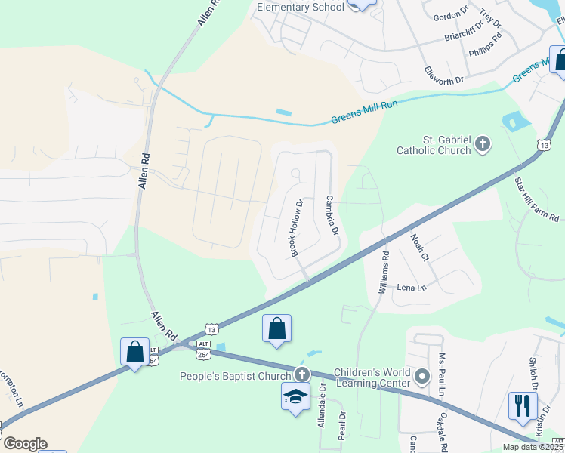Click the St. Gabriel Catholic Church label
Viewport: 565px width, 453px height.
pyautogui.click(x=434, y=144)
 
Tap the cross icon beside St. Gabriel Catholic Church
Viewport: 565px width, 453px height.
pyautogui.click(x=483, y=143)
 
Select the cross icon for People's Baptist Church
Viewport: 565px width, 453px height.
pyautogui.click(x=302, y=375)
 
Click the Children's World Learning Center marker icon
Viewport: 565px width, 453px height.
pyautogui.click(x=423, y=375)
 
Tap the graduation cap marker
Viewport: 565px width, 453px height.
pyautogui.click(x=295, y=396)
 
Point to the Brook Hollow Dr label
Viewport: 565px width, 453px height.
pyautogui.click(x=296, y=226)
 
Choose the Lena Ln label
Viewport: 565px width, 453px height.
pyautogui.click(x=412, y=288)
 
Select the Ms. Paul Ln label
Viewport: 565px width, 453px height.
pyautogui.click(x=441, y=373)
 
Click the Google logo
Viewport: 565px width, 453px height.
pyautogui.click(x=24, y=443)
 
